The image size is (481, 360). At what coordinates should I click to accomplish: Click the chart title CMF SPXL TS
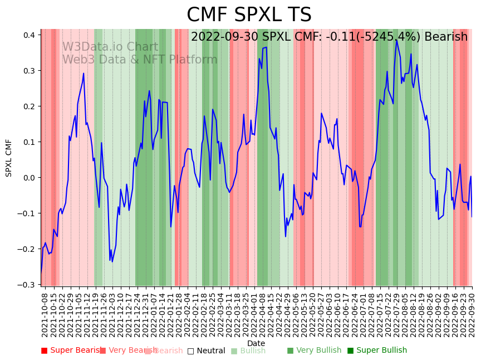pyautogui.click(x=249, y=15)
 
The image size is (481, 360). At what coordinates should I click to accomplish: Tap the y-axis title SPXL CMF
pyautogui.click(x=9, y=158)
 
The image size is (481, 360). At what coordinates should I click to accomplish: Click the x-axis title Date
pyautogui.click(x=256, y=343)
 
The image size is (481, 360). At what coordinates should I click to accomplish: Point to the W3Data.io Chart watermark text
pyautogui.click(x=110, y=47)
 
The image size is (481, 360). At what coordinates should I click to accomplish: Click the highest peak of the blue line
pyautogui.click(x=396, y=40)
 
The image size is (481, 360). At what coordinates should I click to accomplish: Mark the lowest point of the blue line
pyautogui.click(x=41, y=274)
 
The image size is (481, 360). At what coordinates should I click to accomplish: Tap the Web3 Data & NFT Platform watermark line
pyautogui.click(x=139, y=60)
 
